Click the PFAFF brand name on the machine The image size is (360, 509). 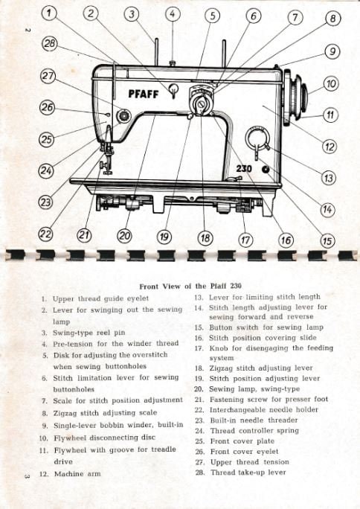(144, 94)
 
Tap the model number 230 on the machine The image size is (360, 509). (244, 168)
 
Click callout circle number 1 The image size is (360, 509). (49, 13)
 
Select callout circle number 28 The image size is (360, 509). (49, 44)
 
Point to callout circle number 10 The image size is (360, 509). (331, 84)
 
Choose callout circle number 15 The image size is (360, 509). (327, 240)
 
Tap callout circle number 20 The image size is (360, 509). (124, 236)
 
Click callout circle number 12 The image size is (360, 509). (330, 147)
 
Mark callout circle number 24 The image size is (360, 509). (45, 170)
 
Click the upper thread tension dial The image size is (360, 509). (123, 116)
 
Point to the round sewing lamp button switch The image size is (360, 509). (266, 169)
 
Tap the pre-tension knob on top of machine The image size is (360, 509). (173, 63)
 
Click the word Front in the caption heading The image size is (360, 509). (150, 286)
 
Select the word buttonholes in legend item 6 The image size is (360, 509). (74, 389)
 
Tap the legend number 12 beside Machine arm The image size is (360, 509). (44, 474)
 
